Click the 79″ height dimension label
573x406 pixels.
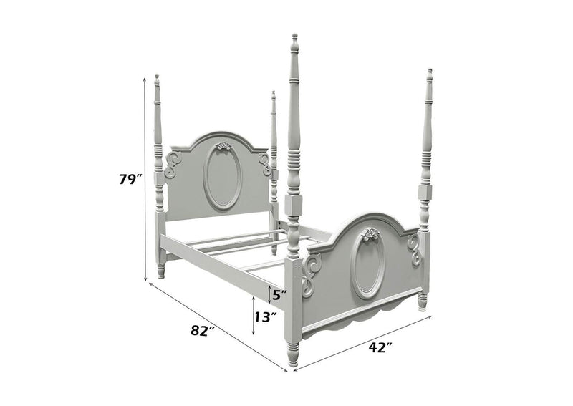tap(130, 179)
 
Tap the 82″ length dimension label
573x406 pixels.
tap(202, 331)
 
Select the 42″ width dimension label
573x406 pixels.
tap(380, 347)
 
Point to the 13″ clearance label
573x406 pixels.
tap(265, 316)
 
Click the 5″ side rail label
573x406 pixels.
tap(279, 295)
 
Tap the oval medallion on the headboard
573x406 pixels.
tap(222, 178)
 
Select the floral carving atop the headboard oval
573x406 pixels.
tap(223, 146)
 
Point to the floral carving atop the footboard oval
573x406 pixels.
tap(370, 233)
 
